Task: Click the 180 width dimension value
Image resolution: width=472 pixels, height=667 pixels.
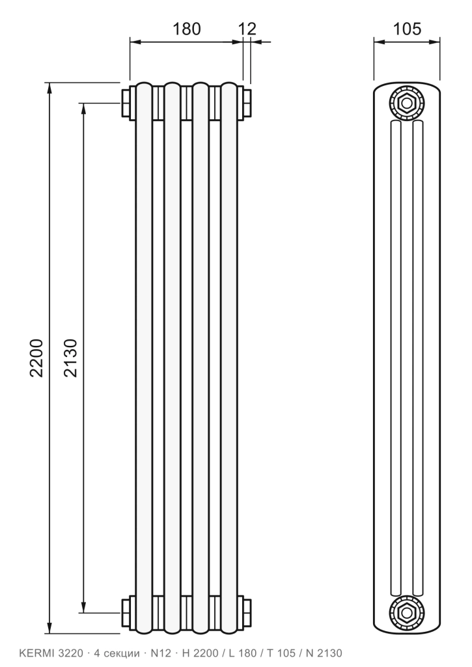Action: (x=186, y=29)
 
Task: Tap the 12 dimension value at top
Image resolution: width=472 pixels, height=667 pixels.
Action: (x=247, y=29)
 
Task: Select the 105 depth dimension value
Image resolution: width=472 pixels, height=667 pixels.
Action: (x=407, y=29)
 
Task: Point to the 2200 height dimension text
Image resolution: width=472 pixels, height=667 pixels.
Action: (x=37, y=358)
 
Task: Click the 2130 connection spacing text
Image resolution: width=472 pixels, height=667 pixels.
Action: (x=71, y=358)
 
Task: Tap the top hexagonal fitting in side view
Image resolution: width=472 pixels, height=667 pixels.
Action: (x=407, y=103)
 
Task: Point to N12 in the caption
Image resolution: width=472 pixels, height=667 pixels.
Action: (x=160, y=653)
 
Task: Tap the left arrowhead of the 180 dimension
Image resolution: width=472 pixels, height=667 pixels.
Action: (x=135, y=42)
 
